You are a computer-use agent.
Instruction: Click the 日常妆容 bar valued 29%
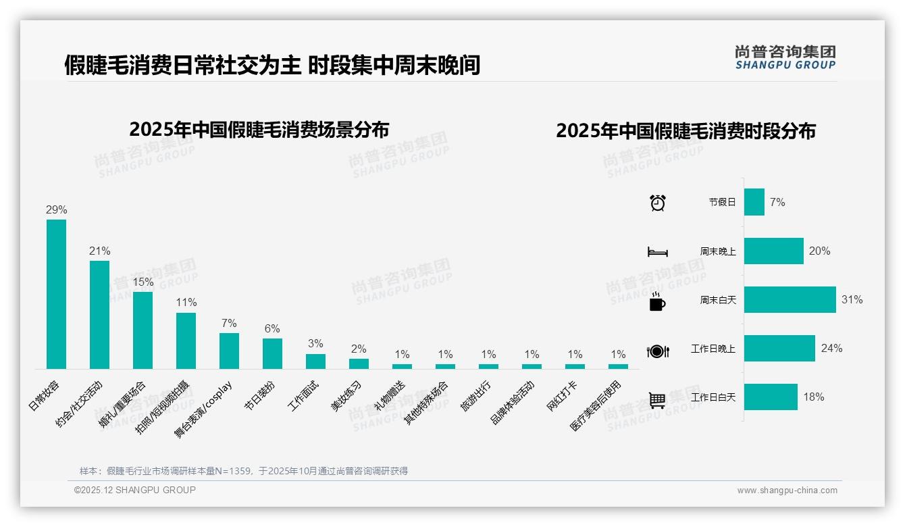[56, 293]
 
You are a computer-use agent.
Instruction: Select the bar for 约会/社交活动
[99, 314]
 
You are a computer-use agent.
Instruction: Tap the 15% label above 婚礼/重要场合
[143, 282]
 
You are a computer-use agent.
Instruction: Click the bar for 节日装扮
[272, 353]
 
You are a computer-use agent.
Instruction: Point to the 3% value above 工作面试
[315, 343]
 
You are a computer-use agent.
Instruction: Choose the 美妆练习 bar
[359, 363]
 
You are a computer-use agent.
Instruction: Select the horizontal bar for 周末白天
[790, 299]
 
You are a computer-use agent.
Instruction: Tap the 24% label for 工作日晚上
[831, 349]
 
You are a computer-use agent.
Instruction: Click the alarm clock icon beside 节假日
[658, 203]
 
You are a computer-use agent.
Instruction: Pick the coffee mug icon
[657, 302]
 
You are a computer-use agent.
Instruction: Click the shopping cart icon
[657, 400]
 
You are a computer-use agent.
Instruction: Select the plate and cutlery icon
[658, 351]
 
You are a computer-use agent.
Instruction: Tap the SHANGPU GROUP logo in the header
[785, 57]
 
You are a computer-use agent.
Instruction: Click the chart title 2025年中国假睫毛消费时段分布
[686, 130]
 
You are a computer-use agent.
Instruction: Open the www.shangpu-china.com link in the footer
[787, 491]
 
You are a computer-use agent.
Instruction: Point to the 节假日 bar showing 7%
[754, 202]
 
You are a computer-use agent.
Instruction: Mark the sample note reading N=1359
[243, 471]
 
